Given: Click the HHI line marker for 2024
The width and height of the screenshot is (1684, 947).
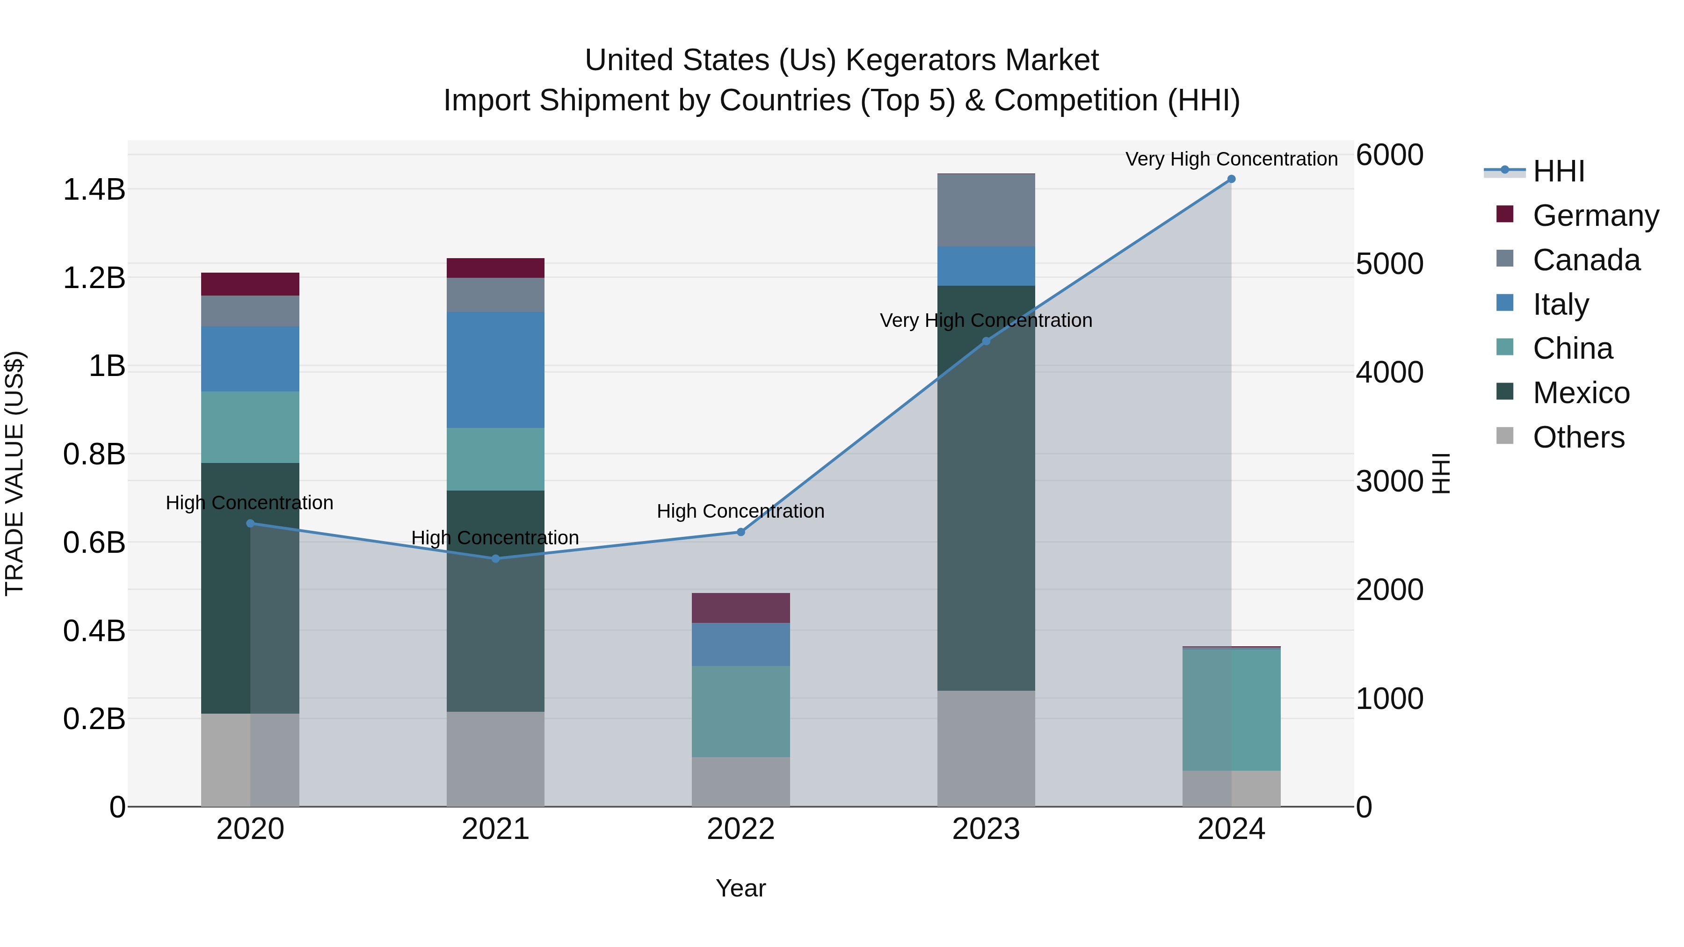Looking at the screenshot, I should [1231, 179].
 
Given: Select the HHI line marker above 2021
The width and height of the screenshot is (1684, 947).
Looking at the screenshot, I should [495, 559].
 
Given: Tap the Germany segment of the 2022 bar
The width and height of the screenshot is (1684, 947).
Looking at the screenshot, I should [740, 608].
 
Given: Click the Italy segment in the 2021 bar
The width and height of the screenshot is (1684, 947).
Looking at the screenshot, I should [495, 369].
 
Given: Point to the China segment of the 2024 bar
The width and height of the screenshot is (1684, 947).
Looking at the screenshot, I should [1231, 710].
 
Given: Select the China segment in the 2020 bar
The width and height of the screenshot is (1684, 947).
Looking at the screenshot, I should [250, 427].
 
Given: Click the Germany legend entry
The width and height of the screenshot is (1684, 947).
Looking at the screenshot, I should [1595, 216].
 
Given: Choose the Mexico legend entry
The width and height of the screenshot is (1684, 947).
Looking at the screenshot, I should [1581, 393].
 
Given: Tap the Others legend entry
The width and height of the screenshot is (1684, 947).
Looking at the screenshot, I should [1578, 437].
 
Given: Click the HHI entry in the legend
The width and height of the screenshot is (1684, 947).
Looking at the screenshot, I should [1559, 171].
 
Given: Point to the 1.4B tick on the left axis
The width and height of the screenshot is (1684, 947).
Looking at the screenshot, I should [94, 189].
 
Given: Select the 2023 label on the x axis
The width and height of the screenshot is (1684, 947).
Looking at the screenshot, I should [986, 829].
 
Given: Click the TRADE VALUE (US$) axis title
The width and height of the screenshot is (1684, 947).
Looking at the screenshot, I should [15, 473].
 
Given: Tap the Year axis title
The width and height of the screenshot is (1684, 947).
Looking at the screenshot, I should [740, 888].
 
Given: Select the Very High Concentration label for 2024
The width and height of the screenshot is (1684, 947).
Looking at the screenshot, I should [1231, 159].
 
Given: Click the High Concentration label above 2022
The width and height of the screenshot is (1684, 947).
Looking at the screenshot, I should [740, 511].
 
